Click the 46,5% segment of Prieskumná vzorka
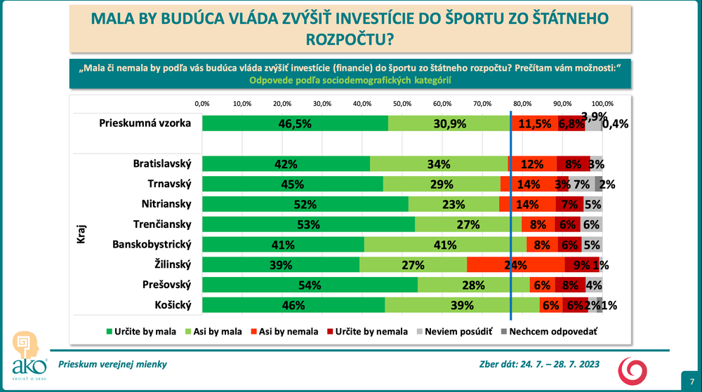(x=295, y=123)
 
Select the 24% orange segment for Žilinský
(x=515, y=265)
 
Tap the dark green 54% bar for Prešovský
(x=310, y=285)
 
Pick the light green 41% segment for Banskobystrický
(x=445, y=245)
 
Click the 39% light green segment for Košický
(x=462, y=305)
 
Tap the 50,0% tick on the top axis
(x=402, y=104)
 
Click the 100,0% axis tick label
(x=602, y=104)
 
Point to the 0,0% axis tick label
(x=202, y=104)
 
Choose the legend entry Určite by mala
(x=138, y=331)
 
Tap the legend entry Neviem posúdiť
(x=458, y=331)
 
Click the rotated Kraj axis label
(x=81, y=235)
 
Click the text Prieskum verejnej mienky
(x=112, y=365)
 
